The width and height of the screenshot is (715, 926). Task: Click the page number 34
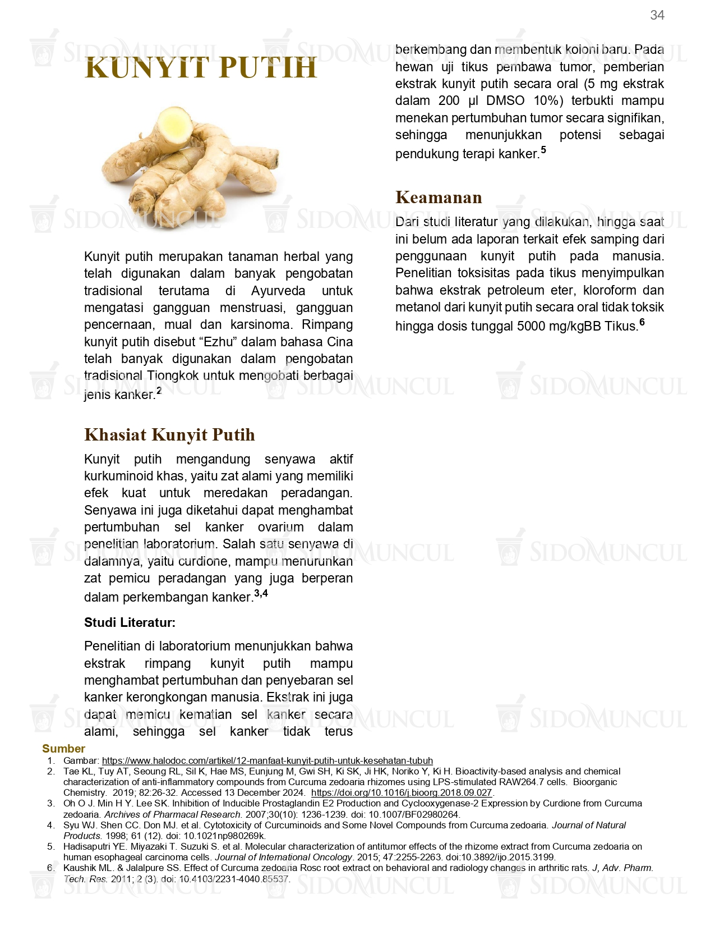[x=657, y=15]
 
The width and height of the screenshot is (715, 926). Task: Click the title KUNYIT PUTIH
[x=201, y=68]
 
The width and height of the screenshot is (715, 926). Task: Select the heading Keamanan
[x=439, y=198]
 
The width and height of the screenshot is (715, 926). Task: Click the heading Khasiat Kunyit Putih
[x=169, y=435]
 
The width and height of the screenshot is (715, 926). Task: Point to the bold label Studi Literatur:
[x=130, y=622]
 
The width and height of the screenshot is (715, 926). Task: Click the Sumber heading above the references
[x=63, y=749]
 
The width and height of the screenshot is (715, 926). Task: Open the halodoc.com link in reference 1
[x=267, y=760]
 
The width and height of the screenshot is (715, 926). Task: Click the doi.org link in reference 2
[x=401, y=792]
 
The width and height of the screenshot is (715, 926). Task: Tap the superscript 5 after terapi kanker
[x=543, y=150]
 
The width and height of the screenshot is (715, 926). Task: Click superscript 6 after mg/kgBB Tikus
[x=642, y=322]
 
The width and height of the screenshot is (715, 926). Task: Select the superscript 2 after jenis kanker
[x=159, y=391]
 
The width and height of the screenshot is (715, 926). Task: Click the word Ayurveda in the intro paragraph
[x=278, y=291]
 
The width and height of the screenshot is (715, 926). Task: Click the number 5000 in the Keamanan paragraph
[x=536, y=326]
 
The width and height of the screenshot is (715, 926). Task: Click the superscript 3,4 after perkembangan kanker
[x=261, y=593]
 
